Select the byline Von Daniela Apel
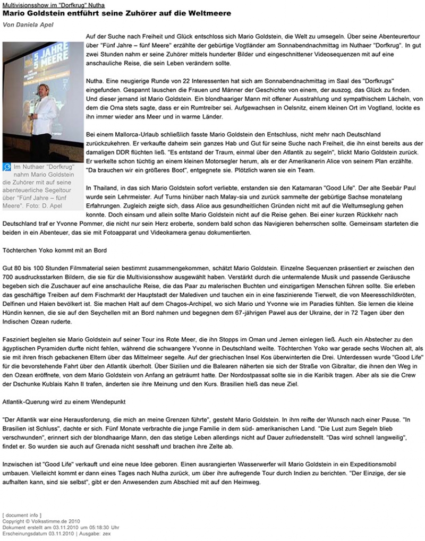point(28,24)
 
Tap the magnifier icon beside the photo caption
point(7,167)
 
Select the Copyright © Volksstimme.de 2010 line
point(33,521)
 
